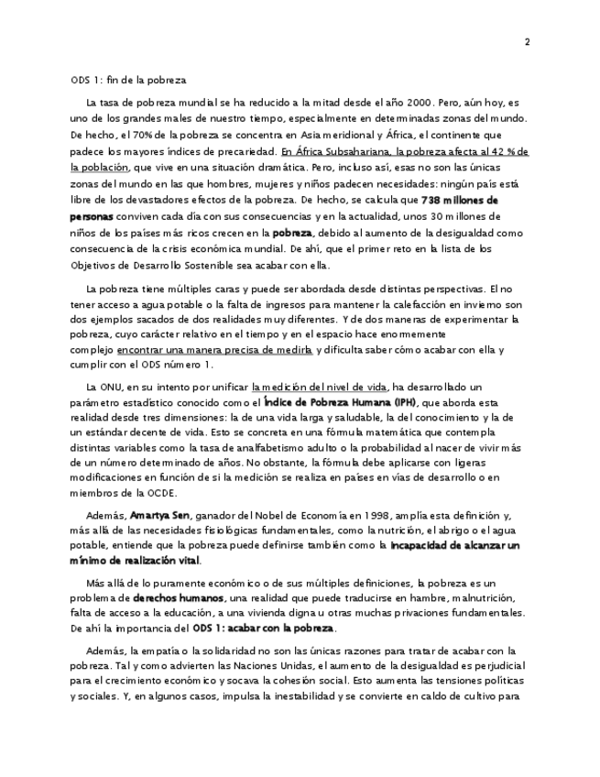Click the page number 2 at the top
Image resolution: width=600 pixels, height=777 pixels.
tap(528, 42)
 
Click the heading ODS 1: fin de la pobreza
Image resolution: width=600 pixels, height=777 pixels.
tap(128, 81)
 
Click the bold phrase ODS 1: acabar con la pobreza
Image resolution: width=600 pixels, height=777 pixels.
tap(265, 628)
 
